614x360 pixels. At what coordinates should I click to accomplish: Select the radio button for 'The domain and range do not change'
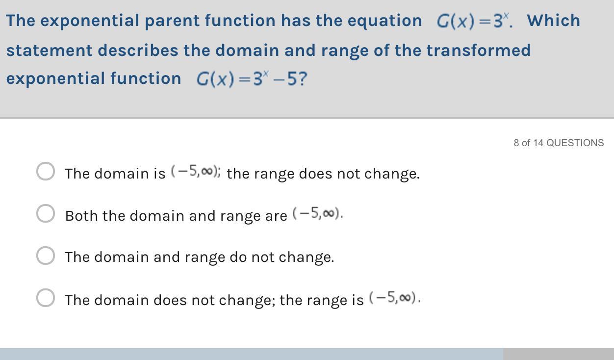pyautogui.click(x=46, y=256)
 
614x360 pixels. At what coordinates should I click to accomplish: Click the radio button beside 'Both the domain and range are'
pyautogui.click(x=46, y=213)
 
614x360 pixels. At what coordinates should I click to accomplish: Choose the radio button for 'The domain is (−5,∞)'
pyautogui.click(x=46, y=171)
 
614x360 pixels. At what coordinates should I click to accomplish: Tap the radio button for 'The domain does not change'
pyautogui.click(x=46, y=298)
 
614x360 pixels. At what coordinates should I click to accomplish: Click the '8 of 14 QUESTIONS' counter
pyautogui.click(x=559, y=143)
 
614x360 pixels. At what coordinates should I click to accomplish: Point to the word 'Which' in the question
pyautogui.click(x=553, y=20)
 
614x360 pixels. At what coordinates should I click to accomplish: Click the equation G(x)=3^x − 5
pyautogui.click(x=252, y=78)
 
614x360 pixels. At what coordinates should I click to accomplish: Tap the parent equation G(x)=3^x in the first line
pyautogui.click(x=473, y=21)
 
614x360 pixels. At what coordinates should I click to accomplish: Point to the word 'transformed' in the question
pyautogui.click(x=479, y=50)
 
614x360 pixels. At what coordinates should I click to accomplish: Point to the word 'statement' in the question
pyautogui.click(x=50, y=50)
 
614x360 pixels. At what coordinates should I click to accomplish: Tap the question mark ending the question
pyautogui.click(x=303, y=78)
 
